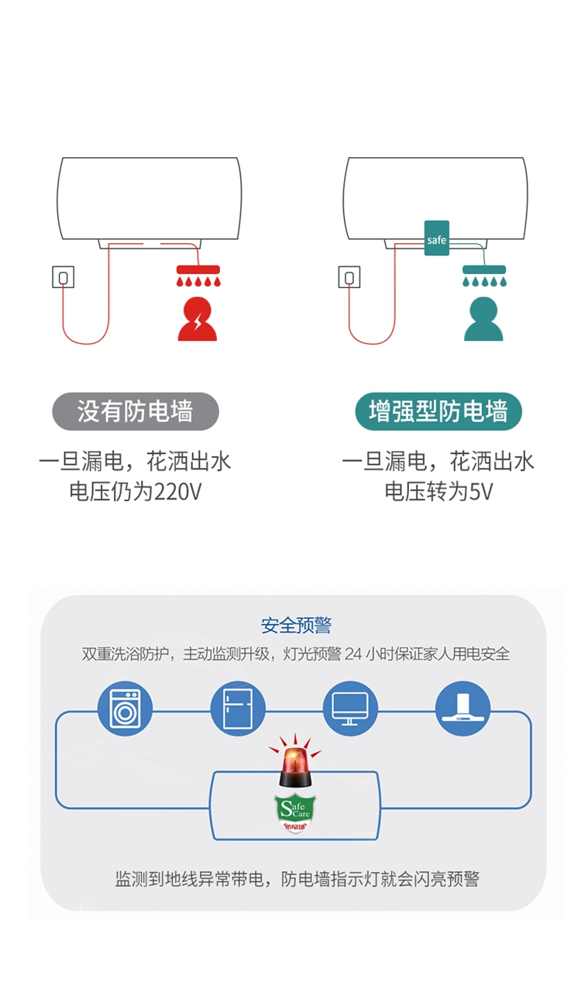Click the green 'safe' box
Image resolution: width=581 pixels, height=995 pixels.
point(436,238)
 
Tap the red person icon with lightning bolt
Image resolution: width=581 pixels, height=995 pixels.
point(198,318)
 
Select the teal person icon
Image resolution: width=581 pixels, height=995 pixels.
point(483,318)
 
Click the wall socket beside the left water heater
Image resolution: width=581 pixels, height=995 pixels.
point(64,276)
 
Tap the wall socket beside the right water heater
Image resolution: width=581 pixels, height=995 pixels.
point(349,276)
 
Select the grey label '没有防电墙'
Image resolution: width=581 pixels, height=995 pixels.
point(136,412)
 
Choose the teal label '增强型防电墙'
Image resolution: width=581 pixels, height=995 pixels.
point(438,412)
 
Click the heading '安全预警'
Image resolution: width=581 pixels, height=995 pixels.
point(296,626)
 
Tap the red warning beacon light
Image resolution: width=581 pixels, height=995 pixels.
point(295,766)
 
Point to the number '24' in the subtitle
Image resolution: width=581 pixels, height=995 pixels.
point(353,654)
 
